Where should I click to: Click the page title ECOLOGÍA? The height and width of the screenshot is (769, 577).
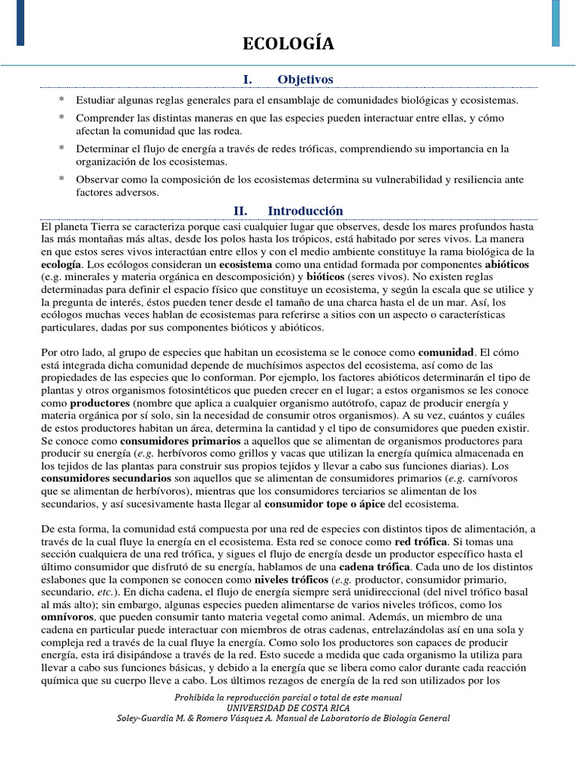(x=288, y=45)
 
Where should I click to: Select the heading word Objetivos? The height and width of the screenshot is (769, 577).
(x=305, y=80)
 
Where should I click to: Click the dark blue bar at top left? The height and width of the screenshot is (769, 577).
(x=20, y=23)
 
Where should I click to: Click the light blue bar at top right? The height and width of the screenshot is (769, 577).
(x=555, y=23)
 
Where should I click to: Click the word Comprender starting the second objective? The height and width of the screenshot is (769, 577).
(x=104, y=119)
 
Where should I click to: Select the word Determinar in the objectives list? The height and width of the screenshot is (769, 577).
(x=102, y=149)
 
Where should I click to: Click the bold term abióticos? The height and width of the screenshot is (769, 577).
(x=507, y=265)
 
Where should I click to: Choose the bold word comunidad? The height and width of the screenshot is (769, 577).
(x=446, y=351)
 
